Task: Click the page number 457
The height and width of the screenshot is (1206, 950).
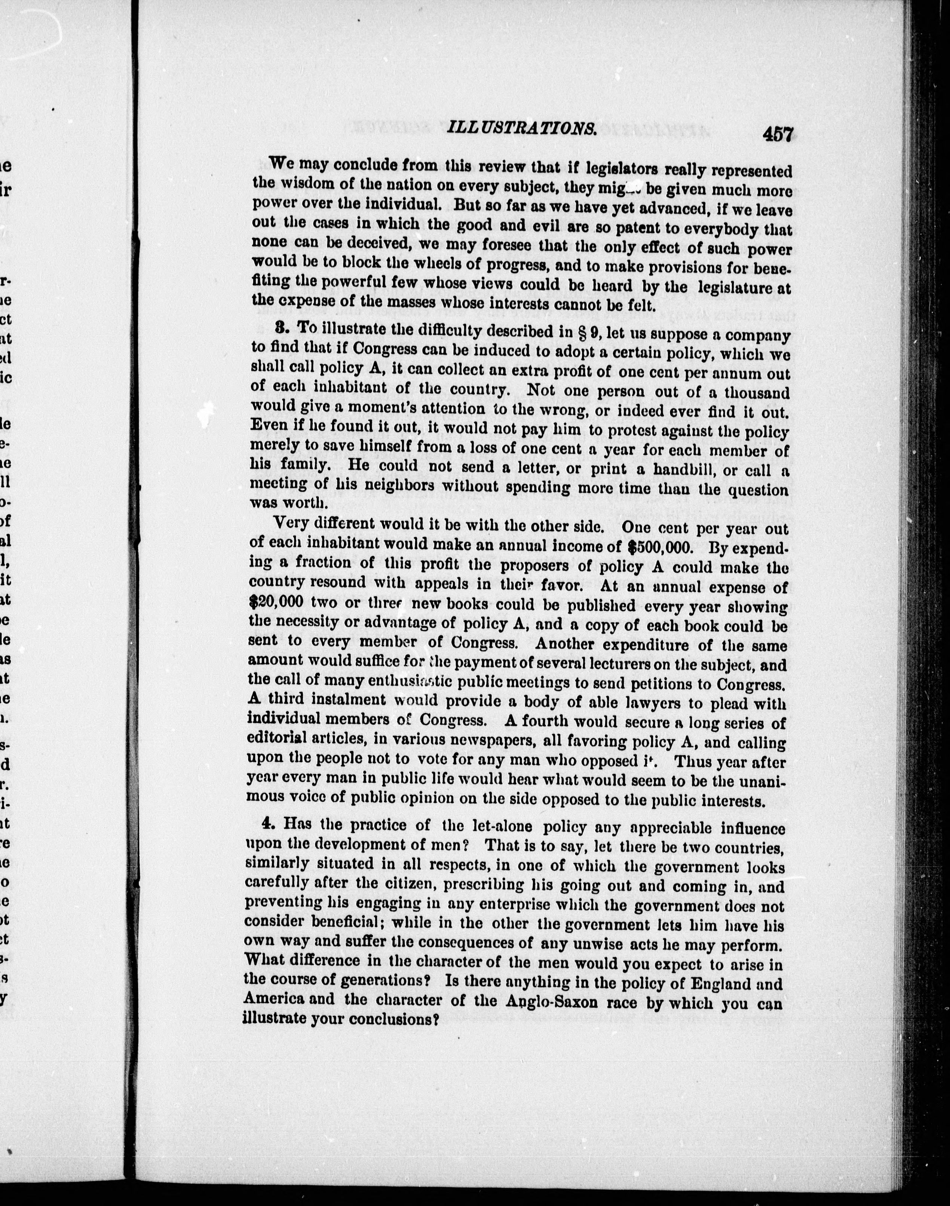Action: (x=777, y=135)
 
